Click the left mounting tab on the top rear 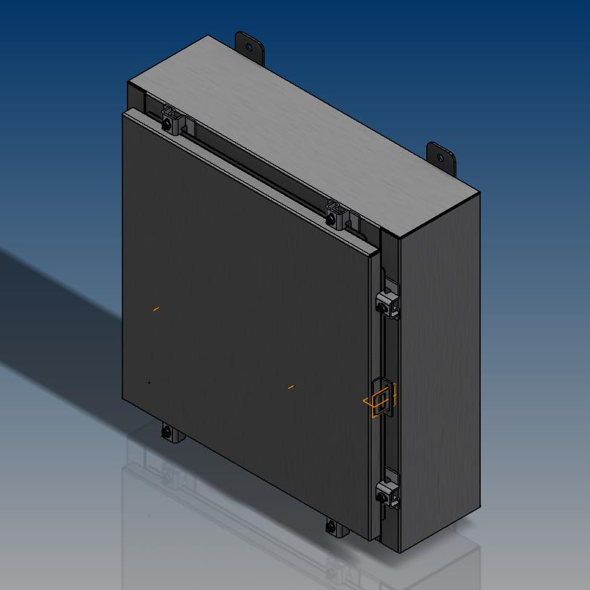click(x=250, y=46)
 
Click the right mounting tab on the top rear click(x=442, y=158)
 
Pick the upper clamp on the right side click(x=389, y=303)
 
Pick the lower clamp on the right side click(x=388, y=492)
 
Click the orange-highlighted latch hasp click(x=382, y=400)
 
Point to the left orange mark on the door click(x=156, y=308)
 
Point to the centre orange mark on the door click(x=291, y=386)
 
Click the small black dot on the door click(x=150, y=383)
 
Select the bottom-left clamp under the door click(x=170, y=433)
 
